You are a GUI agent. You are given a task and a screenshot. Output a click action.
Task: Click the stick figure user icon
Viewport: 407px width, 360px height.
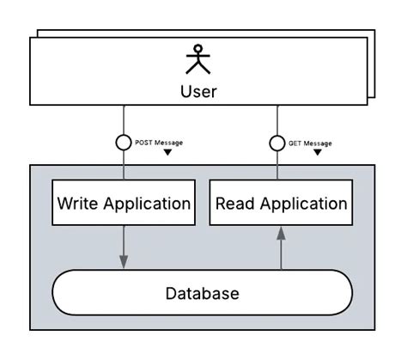(x=198, y=59)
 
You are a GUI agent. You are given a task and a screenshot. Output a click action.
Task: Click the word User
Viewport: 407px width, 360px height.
(x=198, y=91)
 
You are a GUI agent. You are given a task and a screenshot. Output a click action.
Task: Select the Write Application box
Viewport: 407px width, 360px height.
(x=123, y=204)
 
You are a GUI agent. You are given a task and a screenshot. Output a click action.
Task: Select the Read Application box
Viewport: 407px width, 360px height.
(x=281, y=204)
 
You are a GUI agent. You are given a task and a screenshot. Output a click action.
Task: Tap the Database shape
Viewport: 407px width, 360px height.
(x=202, y=293)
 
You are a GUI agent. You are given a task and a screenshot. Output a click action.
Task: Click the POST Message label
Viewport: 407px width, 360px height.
(x=159, y=142)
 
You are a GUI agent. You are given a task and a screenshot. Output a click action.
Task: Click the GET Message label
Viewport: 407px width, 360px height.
(x=310, y=143)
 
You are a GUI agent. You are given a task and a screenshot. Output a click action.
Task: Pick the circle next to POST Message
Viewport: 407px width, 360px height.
(x=124, y=143)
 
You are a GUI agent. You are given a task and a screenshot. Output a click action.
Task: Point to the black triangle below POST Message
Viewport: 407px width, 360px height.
(x=168, y=153)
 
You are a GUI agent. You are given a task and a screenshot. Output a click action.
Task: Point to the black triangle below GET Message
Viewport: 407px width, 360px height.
(x=318, y=153)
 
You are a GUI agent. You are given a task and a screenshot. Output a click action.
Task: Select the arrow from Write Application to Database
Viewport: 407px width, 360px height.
(x=124, y=247)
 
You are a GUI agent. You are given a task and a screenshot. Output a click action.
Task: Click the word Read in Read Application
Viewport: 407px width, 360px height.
(x=234, y=204)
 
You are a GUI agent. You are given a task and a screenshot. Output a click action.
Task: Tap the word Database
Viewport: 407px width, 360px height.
(x=202, y=294)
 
